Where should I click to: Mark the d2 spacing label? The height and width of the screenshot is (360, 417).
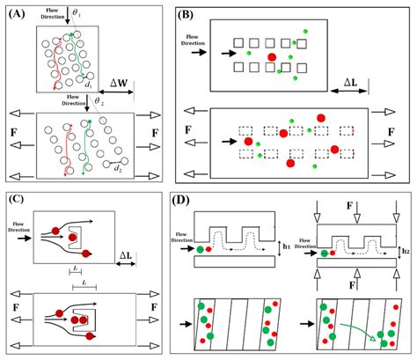117,164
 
